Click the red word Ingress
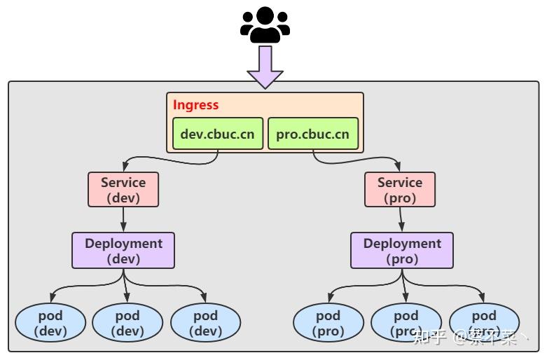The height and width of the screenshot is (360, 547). click(x=196, y=105)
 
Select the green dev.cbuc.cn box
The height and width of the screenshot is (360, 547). click(x=217, y=133)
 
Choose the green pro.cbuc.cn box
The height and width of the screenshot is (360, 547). click(x=313, y=133)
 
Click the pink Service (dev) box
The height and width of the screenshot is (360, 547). click(x=123, y=190)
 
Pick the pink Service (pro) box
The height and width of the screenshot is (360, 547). click(x=400, y=190)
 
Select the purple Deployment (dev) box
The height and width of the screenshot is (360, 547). click(x=123, y=251)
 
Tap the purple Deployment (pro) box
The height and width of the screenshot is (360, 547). click(x=402, y=251)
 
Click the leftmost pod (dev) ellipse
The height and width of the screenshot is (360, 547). click(x=50, y=323)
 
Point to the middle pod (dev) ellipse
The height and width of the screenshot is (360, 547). click(x=127, y=323)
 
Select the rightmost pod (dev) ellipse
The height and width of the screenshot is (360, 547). click(x=205, y=323)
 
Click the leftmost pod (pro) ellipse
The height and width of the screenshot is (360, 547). click(x=328, y=323)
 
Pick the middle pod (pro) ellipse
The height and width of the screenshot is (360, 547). click(x=406, y=323)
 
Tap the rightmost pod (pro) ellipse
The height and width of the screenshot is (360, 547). click(x=484, y=323)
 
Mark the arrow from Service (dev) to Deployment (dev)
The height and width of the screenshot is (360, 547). click(x=123, y=219)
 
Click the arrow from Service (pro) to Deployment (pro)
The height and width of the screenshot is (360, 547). click(x=401, y=219)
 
